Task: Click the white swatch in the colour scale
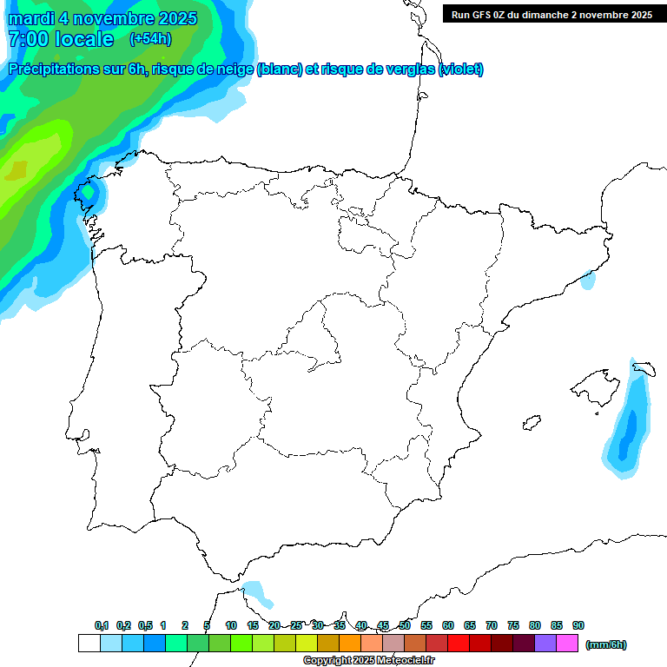(x=89, y=643)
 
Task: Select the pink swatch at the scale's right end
(x=567, y=643)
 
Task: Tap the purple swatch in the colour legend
(x=545, y=643)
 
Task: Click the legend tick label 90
(x=578, y=625)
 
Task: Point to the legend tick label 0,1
(x=102, y=625)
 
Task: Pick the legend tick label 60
(x=448, y=625)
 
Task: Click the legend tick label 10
(x=231, y=625)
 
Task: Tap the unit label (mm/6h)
(x=606, y=644)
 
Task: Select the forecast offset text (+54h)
(x=150, y=39)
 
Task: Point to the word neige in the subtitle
(x=231, y=69)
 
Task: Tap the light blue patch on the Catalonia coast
(x=589, y=280)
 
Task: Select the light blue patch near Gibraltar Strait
(x=258, y=593)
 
